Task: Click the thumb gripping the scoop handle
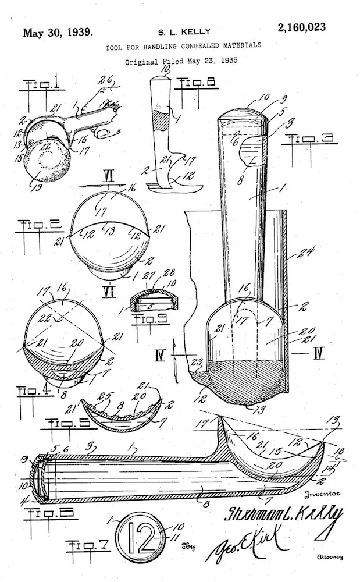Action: point(102,132)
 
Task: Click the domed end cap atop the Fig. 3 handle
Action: point(244,114)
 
